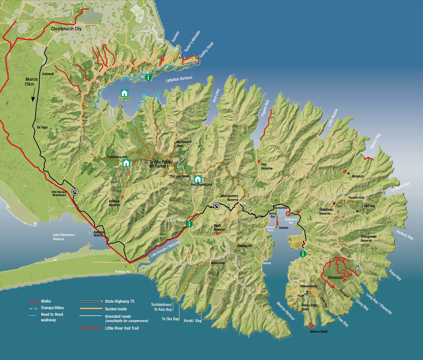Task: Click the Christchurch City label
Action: (x=66, y=29)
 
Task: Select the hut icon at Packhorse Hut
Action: (x=126, y=163)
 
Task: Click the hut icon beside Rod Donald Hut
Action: (x=198, y=179)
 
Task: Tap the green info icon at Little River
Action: (x=189, y=224)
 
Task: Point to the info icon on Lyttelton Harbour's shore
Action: (x=148, y=77)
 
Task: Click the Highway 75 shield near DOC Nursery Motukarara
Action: (x=75, y=192)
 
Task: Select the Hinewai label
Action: (x=335, y=278)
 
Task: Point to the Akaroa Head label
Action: (x=318, y=332)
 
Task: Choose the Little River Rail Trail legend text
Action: (x=122, y=328)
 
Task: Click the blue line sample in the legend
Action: (x=33, y=315)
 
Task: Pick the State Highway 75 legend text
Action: (x=120, y=301)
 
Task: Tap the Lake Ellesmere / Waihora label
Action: (x=64, y=237)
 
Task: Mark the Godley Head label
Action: (x=206, y=50)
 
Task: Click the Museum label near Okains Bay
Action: (x=358, y=176)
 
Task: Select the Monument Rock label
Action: (x=184, y=144)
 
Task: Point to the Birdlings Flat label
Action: (x=122, y=272)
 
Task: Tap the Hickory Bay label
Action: (x=404, y=235)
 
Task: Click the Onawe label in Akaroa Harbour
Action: (x=283, y=228)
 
